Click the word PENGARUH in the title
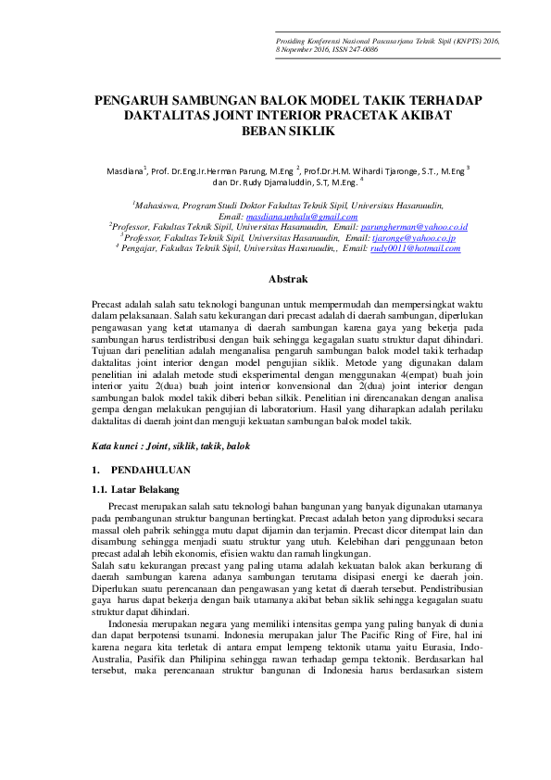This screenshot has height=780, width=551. [x=131, y=100]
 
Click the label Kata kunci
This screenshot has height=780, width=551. [x=118, y=446]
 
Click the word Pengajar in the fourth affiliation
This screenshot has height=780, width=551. [x=142, y=248]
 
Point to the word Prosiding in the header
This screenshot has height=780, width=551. [x=294, y=42]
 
